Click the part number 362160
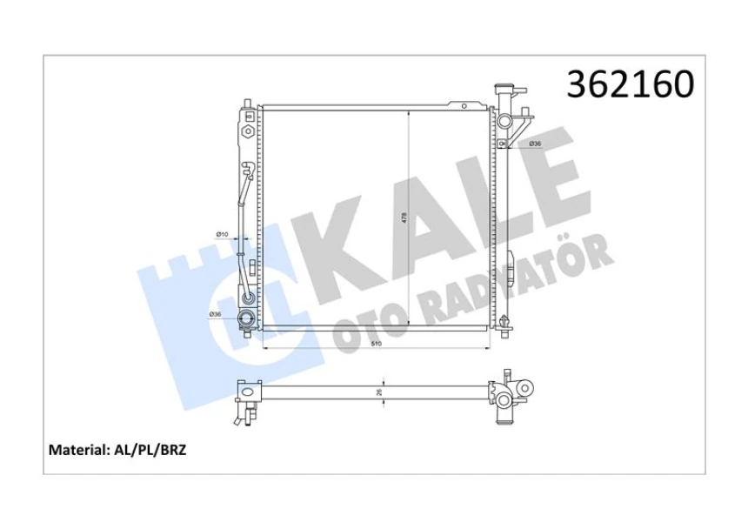[631, 84]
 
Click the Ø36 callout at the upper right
[536, 144]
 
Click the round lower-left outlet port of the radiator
[247, 318]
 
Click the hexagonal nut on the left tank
[248, 133]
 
